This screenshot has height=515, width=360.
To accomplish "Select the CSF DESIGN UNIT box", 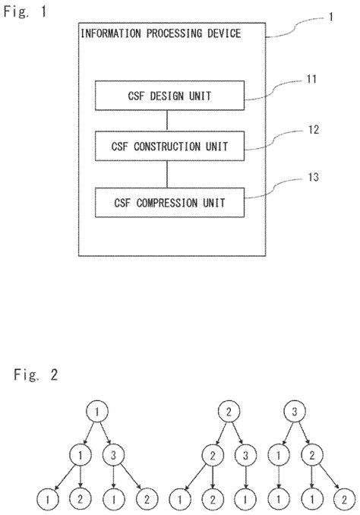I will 169,96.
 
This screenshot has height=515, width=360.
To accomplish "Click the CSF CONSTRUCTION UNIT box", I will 169,144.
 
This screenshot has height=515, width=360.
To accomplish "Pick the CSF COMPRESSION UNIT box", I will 169,203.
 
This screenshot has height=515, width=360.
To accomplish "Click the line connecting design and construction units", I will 169,121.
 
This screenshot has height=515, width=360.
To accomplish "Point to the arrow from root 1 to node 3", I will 108,434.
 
